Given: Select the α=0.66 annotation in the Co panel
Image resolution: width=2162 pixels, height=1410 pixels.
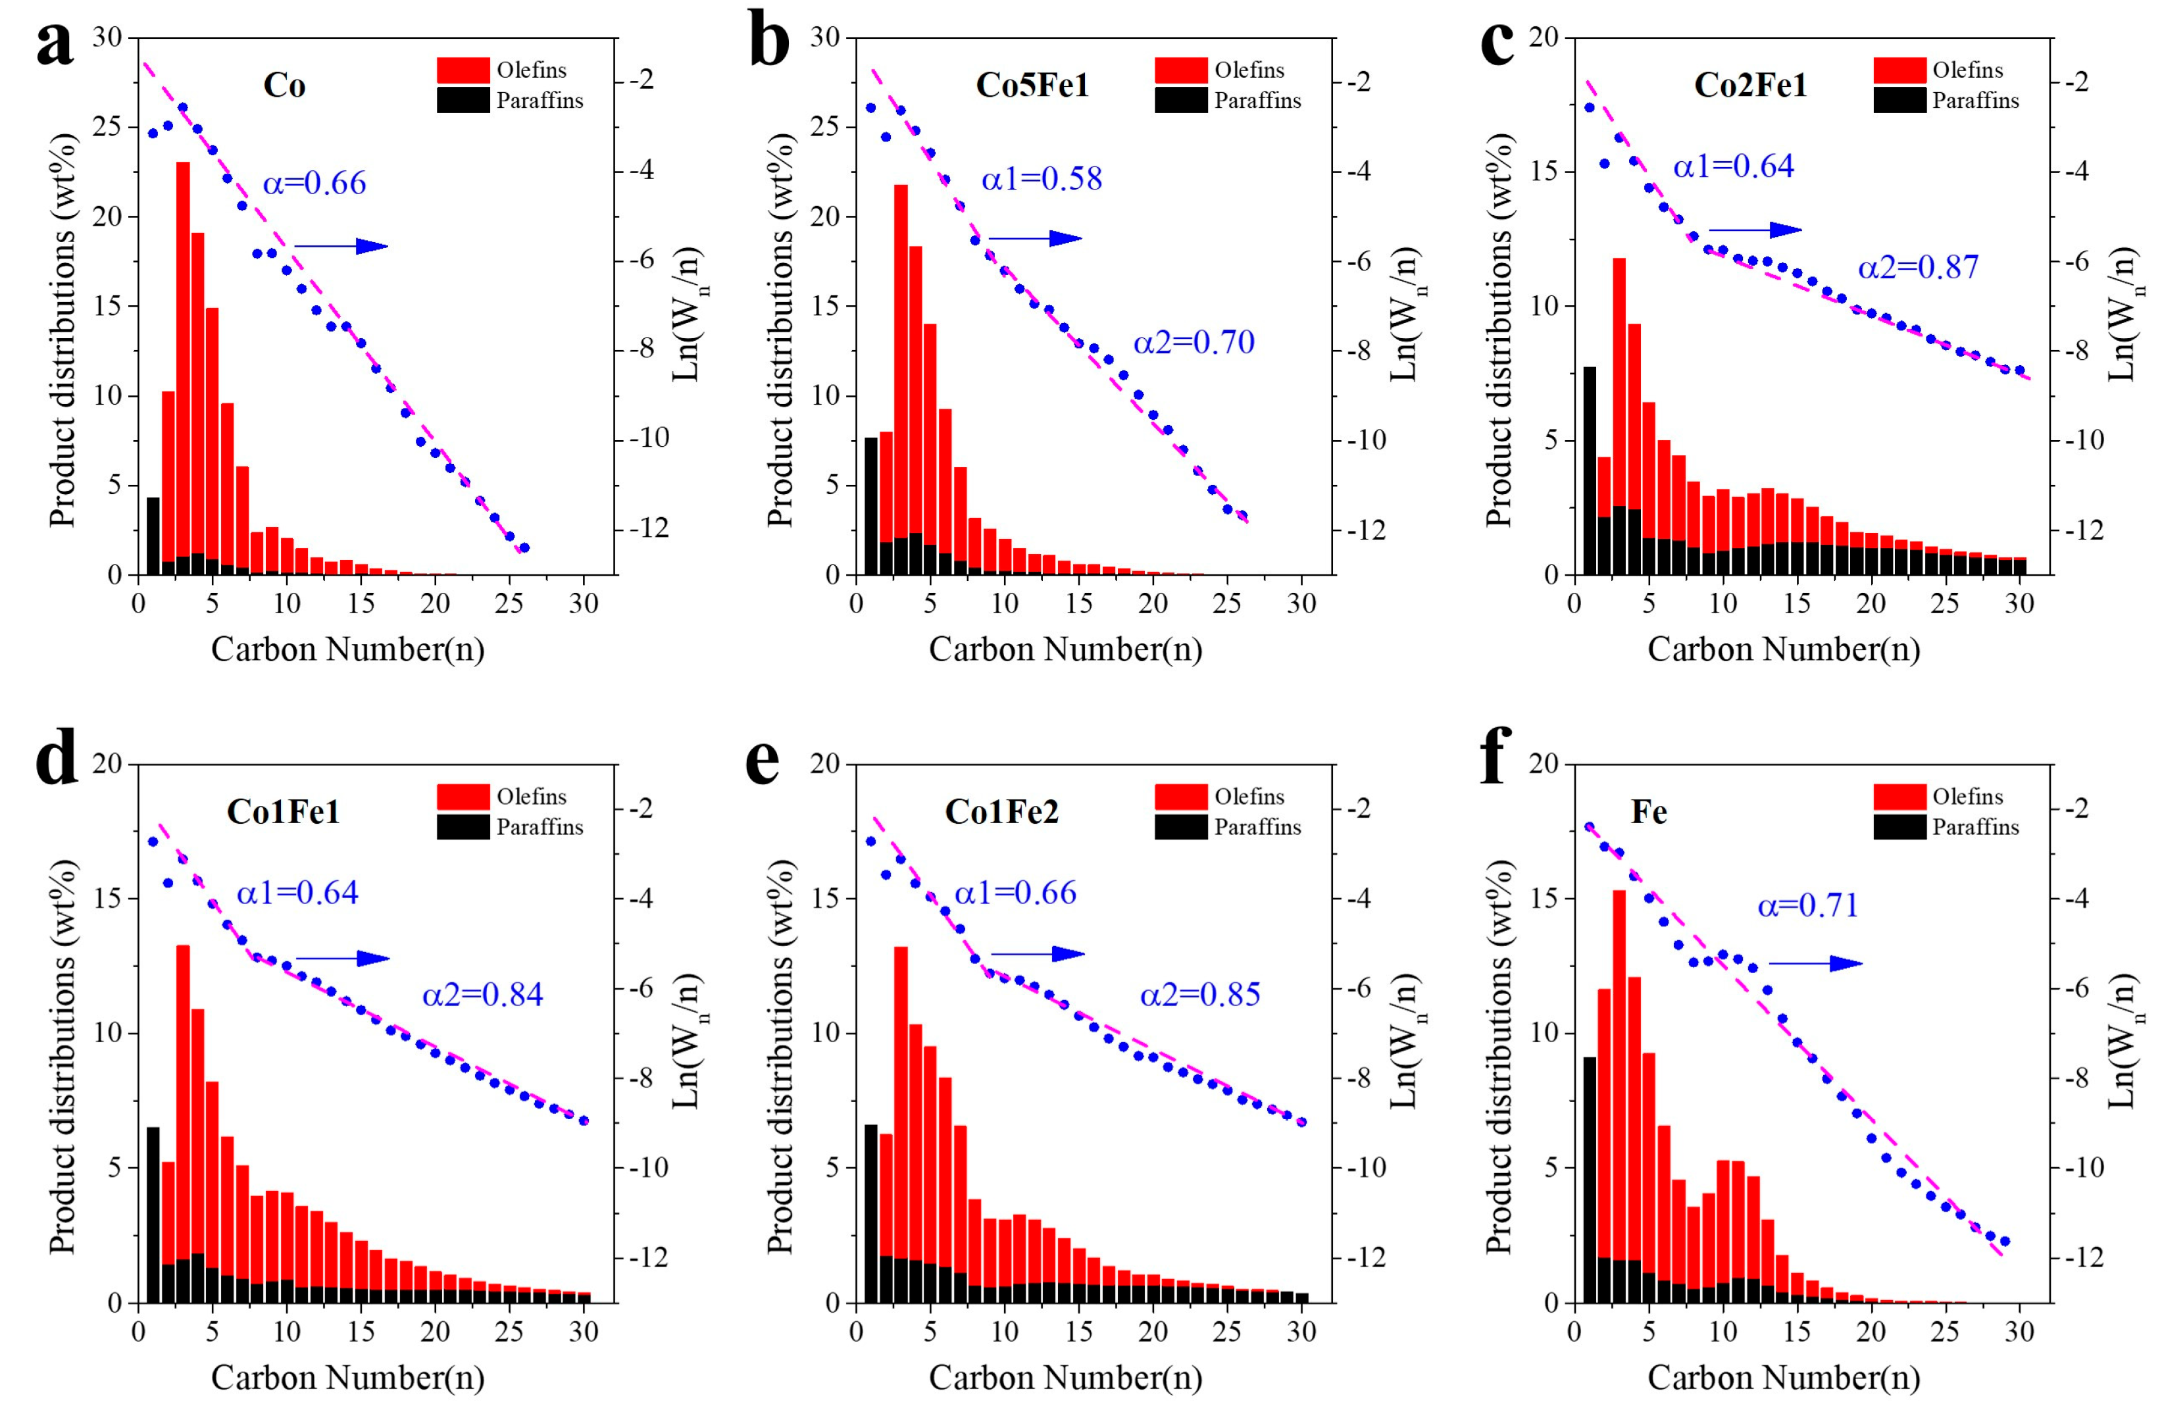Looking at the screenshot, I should click(314, 184).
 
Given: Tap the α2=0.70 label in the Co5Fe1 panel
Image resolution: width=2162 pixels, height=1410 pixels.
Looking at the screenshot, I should click(1193, 343).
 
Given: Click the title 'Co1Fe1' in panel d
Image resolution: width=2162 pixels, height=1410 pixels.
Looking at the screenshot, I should click(284, 811).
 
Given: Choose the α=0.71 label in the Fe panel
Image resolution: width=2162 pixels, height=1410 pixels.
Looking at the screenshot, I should click(1808, 906).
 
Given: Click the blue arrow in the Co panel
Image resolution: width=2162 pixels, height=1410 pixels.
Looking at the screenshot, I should click(341, 246).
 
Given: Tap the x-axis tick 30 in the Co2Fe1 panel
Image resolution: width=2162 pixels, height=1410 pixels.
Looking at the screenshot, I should click(2019, 604).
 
